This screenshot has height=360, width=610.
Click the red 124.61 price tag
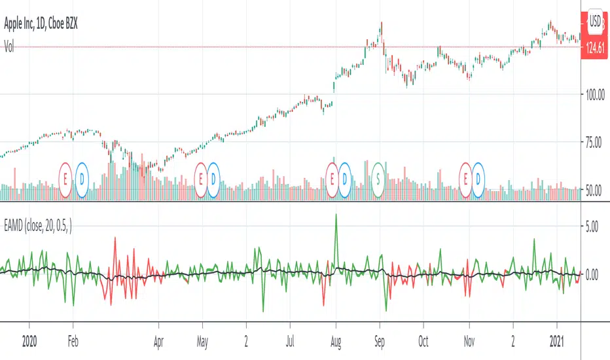pyautogui.click(x=594, y=47)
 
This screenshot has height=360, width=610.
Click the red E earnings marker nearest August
pyautogui.click(x=332, y=178)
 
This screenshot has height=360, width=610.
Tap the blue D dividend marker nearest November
pyautogui.click(x=480, y=178)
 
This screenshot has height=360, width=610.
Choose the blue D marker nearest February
pyautogui.click(x=82, y=178)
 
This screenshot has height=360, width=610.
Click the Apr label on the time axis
pyautogui.click(x=158, y=340)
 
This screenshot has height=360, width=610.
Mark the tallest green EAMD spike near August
pyautogui.click(x=336, y=215)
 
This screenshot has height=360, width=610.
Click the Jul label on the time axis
pyautogui.click(x=291, y=340)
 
